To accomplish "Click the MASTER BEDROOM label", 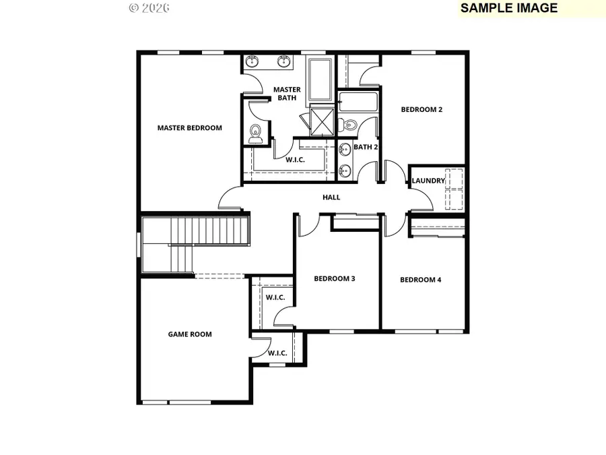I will tap(189, 128).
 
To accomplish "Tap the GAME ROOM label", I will tap(189, 334).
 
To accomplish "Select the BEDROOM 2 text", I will tap(422, 109).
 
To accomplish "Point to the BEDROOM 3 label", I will tap(335, 278).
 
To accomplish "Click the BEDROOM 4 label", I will tap(420, 280).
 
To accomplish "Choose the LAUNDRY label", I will tap(428, 181).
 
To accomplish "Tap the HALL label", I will tap(331, 198).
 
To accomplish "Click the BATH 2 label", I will tap(366, 147).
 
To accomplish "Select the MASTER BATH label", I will tap(286, 94).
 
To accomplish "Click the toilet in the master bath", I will tap(255, 133).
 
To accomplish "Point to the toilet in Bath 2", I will tap(347, 125).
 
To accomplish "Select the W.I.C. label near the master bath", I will tap(296, 160).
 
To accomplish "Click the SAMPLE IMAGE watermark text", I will tap(508, 8).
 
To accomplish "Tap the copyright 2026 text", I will tap(149, 8).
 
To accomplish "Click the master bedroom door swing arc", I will tap(229, 198).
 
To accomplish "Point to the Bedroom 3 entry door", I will tap(306, 225).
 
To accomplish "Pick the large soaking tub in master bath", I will tap(319, 79).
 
